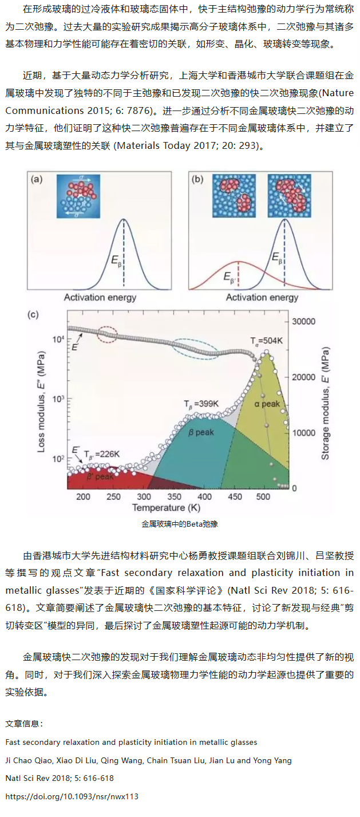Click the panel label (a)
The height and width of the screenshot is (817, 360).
click(x=38, y=180)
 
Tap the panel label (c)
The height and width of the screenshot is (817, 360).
click(x=33, y=314)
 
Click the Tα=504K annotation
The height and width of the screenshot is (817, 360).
click(x=266, y=341)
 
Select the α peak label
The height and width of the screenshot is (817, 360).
click(x=267, y=404)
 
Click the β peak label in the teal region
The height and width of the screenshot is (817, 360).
click(x=201, y=432)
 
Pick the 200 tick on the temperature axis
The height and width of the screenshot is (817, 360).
click(x=83, y=496)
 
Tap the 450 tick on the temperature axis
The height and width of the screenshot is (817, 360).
click(x=235, y=496)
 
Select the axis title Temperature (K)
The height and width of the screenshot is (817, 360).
click(x=167, y=508)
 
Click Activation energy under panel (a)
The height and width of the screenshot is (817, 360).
click(x=100, y=297)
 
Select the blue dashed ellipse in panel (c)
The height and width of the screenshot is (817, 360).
click(x=195, y=349)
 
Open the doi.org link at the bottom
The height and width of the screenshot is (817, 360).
click(x=72, y=796)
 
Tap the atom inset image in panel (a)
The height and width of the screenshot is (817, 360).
click(x=78, y=196)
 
